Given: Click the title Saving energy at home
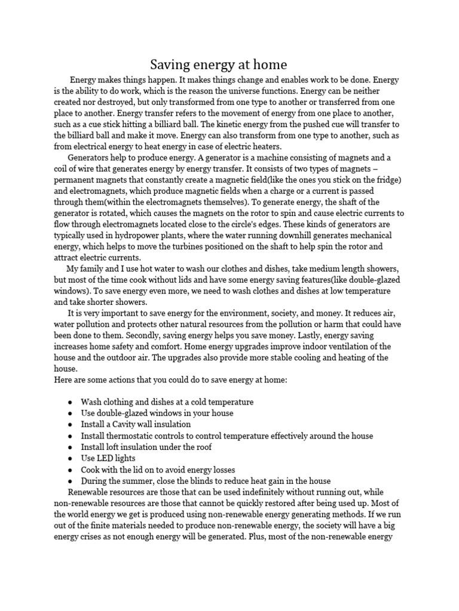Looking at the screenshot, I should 218,64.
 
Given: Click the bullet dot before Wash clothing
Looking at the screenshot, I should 71,403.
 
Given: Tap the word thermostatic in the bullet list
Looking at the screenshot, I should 132,436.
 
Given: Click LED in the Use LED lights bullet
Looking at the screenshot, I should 106,458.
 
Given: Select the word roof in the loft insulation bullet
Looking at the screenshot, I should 203,447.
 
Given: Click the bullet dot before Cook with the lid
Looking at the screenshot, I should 71,470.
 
